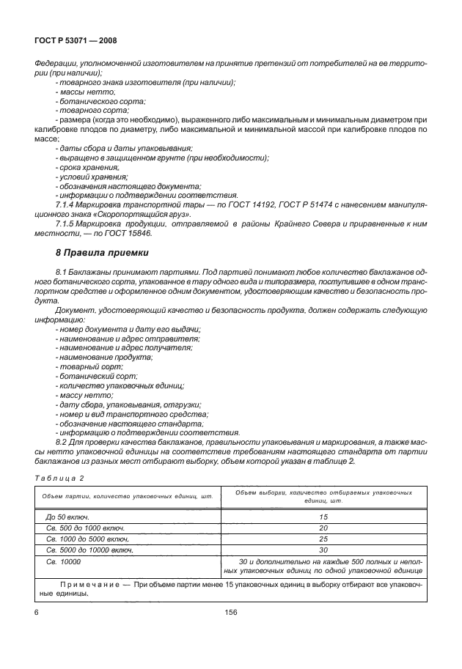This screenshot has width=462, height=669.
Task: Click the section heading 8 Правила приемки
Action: point(102,254)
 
